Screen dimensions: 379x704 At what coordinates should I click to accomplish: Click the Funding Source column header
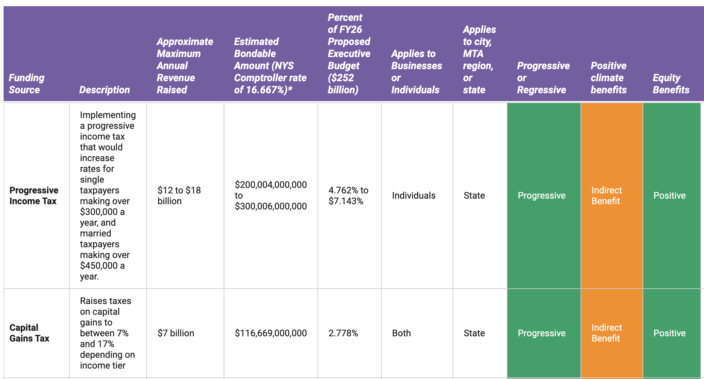[x=26, y=83]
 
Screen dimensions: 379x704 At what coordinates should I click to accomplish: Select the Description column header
[x=104, y=90]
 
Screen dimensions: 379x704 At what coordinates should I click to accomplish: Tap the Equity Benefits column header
[x=671, y=83]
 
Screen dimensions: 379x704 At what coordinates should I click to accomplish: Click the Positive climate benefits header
[x=608, y=78]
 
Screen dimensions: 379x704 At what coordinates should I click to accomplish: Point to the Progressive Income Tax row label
[x=34, y=195]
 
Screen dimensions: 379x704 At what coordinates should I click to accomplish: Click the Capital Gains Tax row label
[x=29, y=333]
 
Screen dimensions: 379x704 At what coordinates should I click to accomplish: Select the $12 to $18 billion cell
[x=179, y=195]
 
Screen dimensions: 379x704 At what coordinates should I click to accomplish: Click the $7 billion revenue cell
[x=176, y=333]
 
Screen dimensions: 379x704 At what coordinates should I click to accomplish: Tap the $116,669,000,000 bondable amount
[x=271, y=333]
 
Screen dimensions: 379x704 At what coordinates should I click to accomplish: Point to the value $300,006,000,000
[x=271, y=206]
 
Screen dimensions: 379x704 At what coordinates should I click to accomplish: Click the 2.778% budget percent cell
[x=343, y=333]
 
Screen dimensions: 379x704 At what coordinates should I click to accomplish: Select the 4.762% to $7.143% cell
[x=348, y=195]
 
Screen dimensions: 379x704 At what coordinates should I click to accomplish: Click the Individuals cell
[x=414, y=195]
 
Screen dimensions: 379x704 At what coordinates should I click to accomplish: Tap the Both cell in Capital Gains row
[x=401, y=333]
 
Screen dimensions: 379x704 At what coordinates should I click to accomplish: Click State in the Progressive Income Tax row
[x=474, y=195]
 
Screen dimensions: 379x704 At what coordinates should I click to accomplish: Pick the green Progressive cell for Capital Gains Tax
[x=542, y=333]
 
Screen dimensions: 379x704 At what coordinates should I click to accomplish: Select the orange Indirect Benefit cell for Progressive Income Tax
[x=607, y=195]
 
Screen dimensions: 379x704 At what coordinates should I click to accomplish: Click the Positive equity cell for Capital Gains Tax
[x=669, y=333]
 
